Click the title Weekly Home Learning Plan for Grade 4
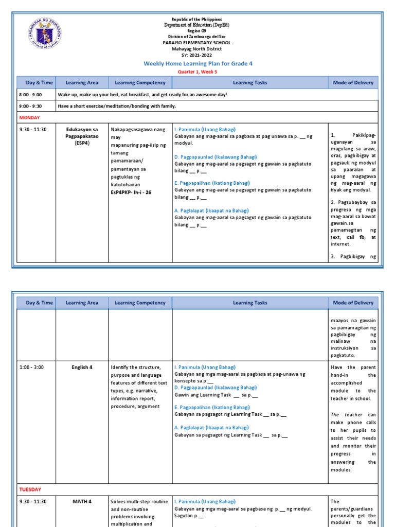198,63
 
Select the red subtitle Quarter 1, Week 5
198,72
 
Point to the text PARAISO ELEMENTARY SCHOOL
197,43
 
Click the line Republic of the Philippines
197,19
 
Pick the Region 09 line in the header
197,31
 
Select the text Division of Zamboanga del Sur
197,37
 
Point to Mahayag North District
197,49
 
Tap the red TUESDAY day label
30,489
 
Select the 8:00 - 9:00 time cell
30,95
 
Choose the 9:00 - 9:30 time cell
30,106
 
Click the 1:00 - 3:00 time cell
30,367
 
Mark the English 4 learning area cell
82,367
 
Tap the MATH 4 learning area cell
82,501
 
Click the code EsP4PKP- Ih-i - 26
131,192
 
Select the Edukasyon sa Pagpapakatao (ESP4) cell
82,136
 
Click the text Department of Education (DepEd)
197,25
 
